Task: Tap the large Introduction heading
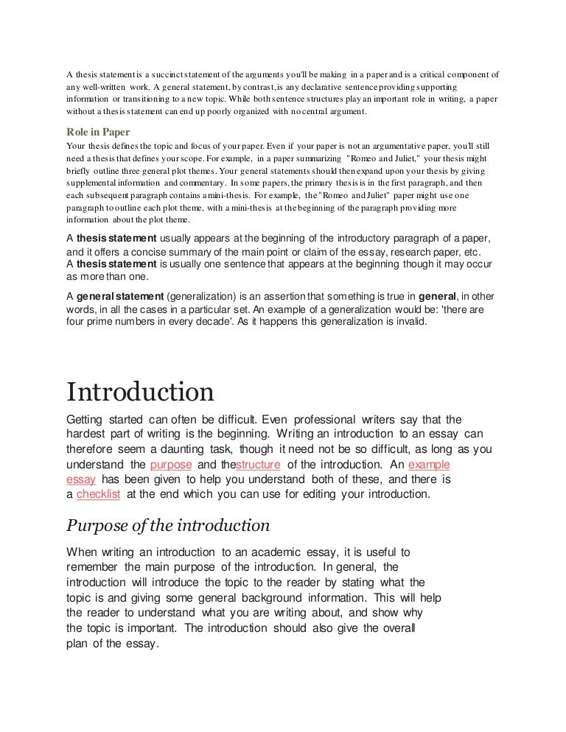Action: click(x=140, y=390)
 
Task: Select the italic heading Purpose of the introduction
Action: click(x=168, y=526)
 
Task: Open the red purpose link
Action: click(x=170, y=465)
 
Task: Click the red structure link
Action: click(x=258, y=465)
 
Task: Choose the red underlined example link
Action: click(x=428, y=465)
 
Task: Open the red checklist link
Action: click(x=98, y=494)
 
